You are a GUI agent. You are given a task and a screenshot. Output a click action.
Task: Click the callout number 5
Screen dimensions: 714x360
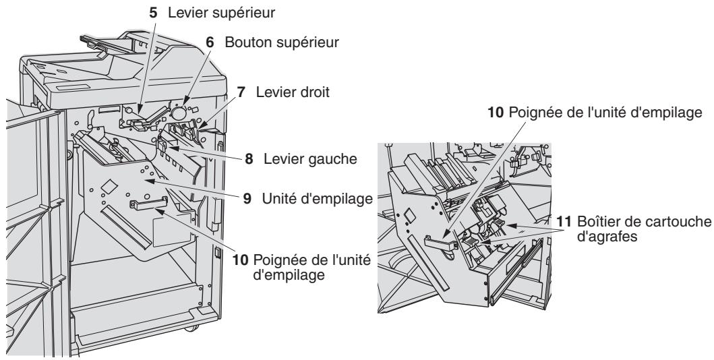coord(154,13)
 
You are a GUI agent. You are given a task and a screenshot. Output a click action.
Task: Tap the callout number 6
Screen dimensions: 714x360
coord(210,42)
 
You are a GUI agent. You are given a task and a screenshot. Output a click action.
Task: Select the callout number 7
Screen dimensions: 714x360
coord(241,92)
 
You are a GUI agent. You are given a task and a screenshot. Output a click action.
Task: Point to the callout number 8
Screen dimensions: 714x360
coord(249,159)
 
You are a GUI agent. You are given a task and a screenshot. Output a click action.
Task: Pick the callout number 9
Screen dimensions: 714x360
coord(247,199)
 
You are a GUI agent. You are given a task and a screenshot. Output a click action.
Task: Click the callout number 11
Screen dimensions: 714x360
coord(564,222)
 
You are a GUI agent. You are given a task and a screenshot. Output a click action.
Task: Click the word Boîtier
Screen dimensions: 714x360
coord(596,222)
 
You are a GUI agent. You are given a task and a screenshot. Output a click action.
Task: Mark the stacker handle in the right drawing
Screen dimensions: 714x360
coord(440,242)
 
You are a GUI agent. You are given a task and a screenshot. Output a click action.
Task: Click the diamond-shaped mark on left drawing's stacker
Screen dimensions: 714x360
coord(108,185)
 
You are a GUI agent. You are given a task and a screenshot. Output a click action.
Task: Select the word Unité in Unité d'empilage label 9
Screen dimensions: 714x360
coord(279,199)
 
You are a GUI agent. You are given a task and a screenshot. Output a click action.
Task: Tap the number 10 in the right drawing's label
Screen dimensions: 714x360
coord(496,113)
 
